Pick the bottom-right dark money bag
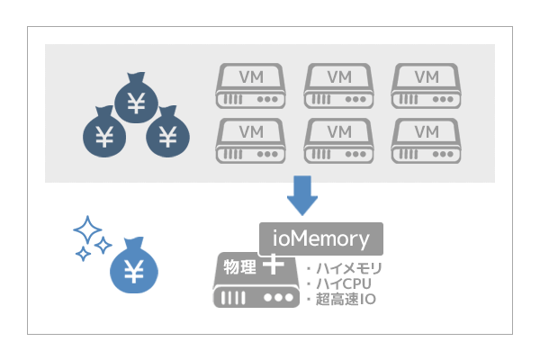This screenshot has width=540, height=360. coord(167,134)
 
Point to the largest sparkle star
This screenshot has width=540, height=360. coord(87,231)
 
